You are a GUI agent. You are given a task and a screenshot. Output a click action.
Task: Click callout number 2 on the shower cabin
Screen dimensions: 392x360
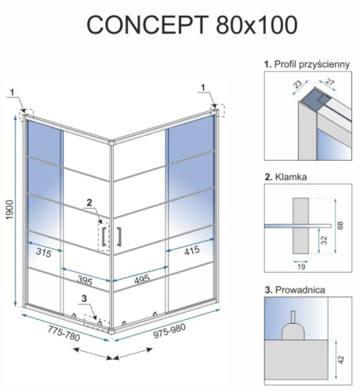pyautogui.click(x=89, y=202)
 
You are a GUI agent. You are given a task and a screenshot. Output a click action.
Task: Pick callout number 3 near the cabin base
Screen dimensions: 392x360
pyautogui.click(x=83, y=299)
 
